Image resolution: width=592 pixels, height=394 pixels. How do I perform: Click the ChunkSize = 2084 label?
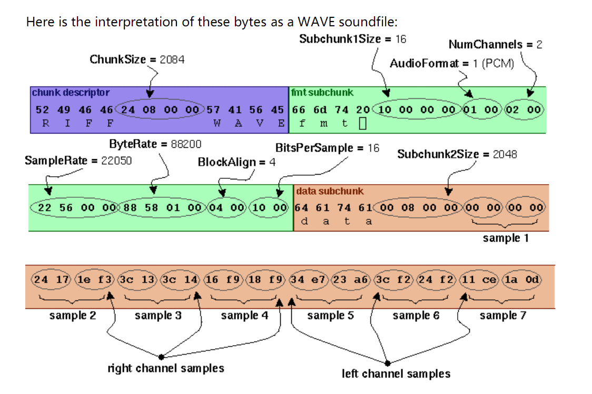click(137, 59)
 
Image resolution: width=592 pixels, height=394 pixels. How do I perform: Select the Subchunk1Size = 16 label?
click(352, 39)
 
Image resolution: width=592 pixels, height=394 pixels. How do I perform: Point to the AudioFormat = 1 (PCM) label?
click(451, 64)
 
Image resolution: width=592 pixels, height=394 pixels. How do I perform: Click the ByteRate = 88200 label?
click(155, 144)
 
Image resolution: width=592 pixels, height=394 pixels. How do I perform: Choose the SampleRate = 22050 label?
click(78, 160)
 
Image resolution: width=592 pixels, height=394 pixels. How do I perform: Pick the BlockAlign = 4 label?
click(236, 162)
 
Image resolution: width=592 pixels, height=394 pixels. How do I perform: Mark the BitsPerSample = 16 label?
click(327, 148)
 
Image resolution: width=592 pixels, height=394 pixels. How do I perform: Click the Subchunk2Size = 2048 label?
click(457, 154)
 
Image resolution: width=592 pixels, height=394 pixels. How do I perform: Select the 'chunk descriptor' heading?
click(71, 93)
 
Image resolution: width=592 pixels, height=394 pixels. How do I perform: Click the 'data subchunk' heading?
click(329, 191)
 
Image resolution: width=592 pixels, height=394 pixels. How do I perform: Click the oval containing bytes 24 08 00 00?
click(161, 109)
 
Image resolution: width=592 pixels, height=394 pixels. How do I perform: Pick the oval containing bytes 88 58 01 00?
click(163, 207)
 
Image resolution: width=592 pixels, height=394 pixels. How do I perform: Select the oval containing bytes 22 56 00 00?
click(75, 207)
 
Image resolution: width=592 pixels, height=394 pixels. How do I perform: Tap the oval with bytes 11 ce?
click(479, 280)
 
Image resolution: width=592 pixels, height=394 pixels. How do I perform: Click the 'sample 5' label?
click(330, 316)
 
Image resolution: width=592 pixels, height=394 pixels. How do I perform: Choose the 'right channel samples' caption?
click(166, 368)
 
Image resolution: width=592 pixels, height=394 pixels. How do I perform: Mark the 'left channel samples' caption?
click(396, 374)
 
